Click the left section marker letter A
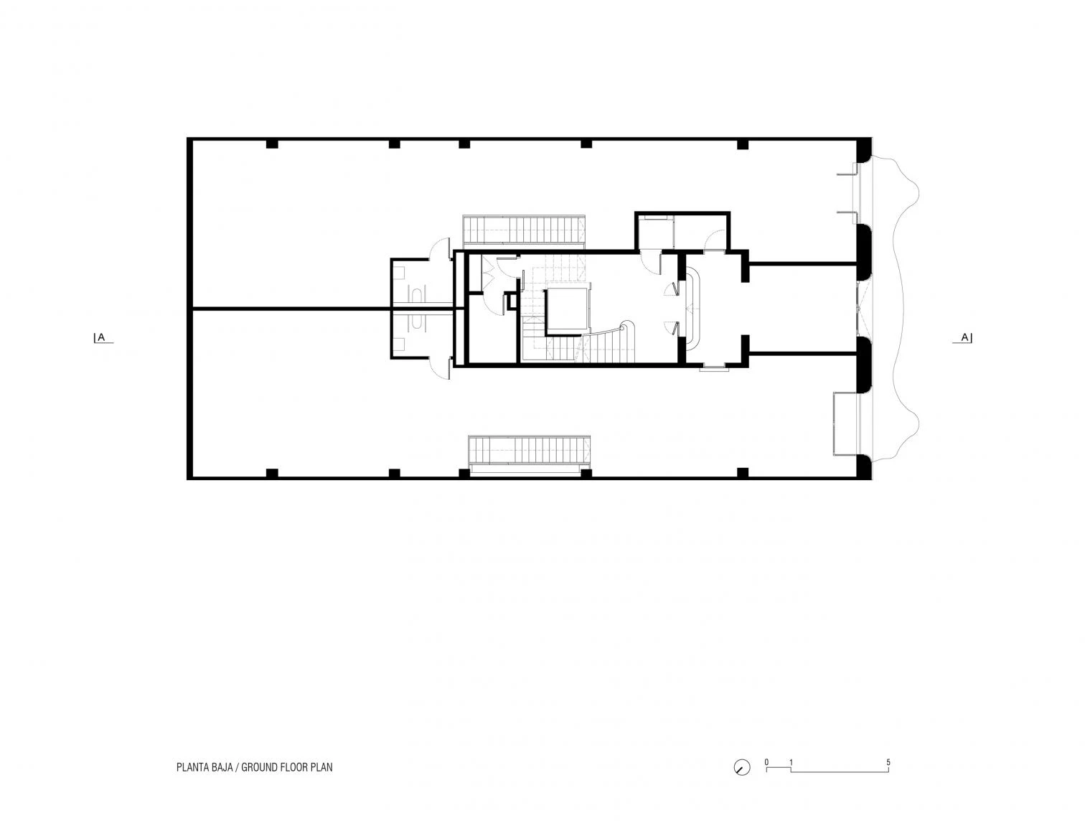click(101, 337)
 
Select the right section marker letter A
click(964, 337)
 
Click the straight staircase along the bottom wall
click(529, 455)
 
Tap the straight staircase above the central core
click(524, 230)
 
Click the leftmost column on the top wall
click(272, 144)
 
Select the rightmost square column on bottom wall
click(743, 472)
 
